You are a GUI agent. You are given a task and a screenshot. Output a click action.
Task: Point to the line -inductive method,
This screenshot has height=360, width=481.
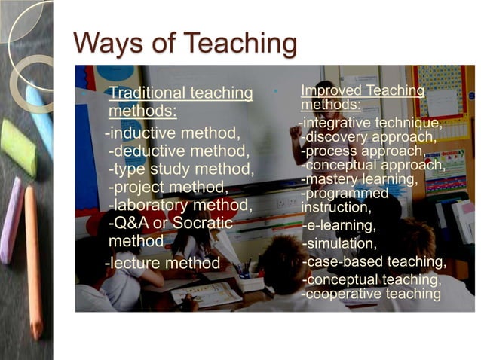point(173,134)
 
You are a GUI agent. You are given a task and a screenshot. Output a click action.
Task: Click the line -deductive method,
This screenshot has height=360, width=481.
point(179,152)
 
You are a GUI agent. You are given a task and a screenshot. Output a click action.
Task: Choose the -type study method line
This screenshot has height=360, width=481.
point(181,169)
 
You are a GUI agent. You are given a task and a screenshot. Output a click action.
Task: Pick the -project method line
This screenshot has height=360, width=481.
point(168,187)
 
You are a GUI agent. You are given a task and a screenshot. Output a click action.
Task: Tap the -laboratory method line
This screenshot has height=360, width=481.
point(181,205)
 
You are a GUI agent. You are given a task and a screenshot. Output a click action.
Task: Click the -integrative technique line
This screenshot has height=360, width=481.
point(369,122)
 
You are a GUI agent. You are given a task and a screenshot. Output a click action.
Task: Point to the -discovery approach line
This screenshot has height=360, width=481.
point(369,137)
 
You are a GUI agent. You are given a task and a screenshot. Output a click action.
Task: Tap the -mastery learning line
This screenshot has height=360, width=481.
point(360,179)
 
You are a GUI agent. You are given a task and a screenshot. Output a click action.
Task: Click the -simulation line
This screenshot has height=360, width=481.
point(339,243)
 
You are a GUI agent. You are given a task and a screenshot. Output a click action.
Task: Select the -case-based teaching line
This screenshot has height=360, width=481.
point(374,261)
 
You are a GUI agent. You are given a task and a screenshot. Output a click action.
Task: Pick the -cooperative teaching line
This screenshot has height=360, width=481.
point(371,294)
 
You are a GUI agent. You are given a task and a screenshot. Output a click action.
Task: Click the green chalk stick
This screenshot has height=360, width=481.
point(19,148)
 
